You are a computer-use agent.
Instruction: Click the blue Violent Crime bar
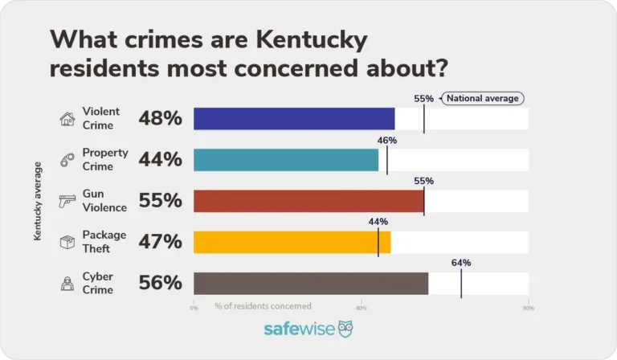coord(294,119)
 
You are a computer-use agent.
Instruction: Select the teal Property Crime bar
coord(286,160)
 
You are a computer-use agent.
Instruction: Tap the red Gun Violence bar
coord(308,201)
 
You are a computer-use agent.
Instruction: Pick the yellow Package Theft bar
coord(292,242)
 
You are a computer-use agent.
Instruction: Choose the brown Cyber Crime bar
coord(311,283)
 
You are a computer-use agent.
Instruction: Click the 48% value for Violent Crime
coord(161,119)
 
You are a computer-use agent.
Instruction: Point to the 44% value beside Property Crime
coord(161,160)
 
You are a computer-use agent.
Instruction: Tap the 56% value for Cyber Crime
coord(161,283)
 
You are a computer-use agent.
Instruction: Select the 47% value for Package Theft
coord(161,242)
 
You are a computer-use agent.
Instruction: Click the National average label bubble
coord(482,99)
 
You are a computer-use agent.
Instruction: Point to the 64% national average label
coord(461,263)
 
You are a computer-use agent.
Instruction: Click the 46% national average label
coord(387,140)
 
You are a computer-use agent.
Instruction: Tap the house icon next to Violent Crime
coord(67,120)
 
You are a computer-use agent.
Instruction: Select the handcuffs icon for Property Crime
coord(67,161)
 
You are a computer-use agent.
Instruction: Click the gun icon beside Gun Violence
coord(67,202)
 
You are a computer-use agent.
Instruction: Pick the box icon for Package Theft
coord(67,242)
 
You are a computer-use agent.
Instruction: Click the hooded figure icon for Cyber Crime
coord(67,283)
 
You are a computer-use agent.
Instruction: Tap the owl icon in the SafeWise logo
coord(345,329)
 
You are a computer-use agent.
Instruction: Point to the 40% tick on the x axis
coord(361,307)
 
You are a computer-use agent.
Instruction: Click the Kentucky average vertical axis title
coord(37,201)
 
